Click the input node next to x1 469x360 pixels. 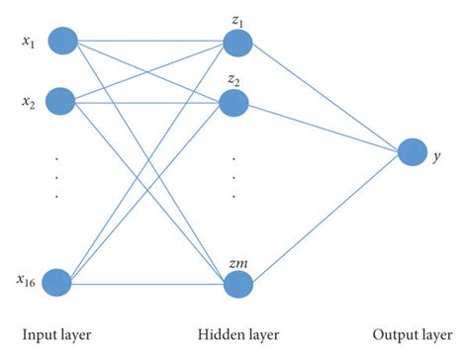pyautogui.click(x=61, y=41)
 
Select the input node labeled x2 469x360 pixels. pyautogui.click(x=61, y=100)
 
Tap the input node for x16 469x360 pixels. pyautogui.click(x=60, y=282)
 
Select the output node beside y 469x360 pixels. pyautogui.click(x=413, y=153)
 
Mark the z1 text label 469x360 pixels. pyautogui.click(x=238, y=20)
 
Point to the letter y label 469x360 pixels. pyautogui.click(x=437, y=155)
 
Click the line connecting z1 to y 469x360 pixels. pyautogui.click(x=327, y=98)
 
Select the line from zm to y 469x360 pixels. pyautogui.click(x=327, y=219)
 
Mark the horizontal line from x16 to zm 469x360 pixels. pyautogui.click(x=148, y=284)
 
